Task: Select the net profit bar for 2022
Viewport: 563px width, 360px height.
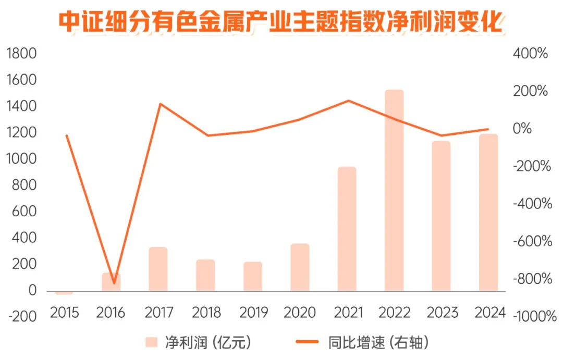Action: (x=394, y=190)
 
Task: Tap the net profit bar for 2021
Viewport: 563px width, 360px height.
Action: (x=347, y=229)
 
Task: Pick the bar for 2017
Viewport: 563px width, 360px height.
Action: (x=158, y=269)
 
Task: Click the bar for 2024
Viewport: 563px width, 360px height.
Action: (x=488, y=212)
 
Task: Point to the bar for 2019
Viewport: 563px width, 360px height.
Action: (x=253, y=276)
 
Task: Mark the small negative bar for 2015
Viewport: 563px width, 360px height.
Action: (x=64, y=292)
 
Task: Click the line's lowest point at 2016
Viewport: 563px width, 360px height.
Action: (x=114, y=283)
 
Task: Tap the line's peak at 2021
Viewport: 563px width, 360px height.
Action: (x=348, y=101)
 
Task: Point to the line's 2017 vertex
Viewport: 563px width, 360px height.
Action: (x=160, y=104)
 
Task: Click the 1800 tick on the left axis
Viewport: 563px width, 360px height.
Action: (x=21, y=54)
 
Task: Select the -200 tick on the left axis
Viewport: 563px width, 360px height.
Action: (x=21, y=317)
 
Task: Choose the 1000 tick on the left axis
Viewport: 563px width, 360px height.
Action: (x=21, y=159)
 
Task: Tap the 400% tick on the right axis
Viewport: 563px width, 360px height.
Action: (x=530, y=54)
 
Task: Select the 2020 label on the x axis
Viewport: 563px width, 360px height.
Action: (x=300, y=313)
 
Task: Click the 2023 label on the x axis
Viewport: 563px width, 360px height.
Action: (x=443, y=313)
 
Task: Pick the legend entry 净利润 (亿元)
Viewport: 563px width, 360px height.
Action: (x=199, y=342)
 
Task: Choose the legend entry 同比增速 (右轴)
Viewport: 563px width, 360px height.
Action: (x=364, y=342)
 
